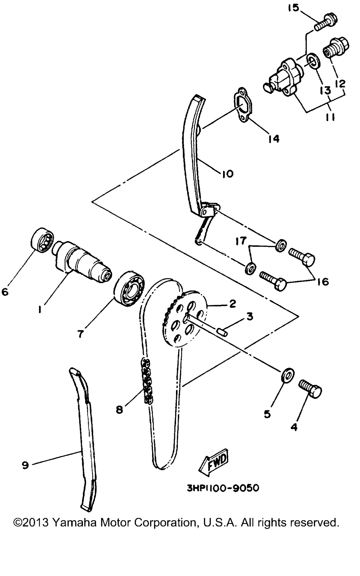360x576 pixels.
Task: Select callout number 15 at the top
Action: click(293, 8)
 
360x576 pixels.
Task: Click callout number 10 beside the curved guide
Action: click(227, 174)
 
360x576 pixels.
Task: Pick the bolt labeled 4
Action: click(310, 390)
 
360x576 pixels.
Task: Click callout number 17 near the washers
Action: click(241, 240)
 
